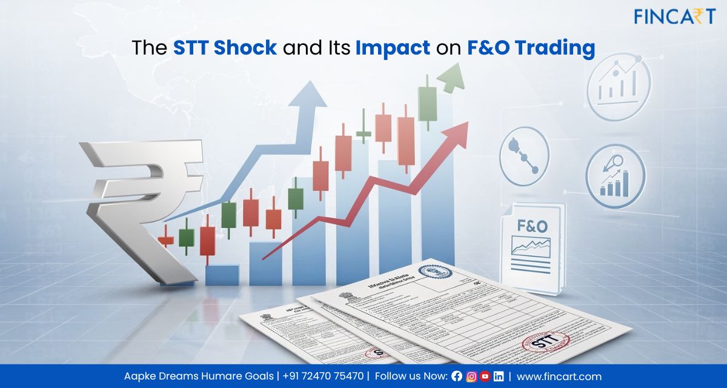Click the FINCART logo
coord(674,16)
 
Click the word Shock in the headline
coord(248,48)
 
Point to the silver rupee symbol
coord(142,200)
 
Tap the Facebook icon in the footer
coord(457,376)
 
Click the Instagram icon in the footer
coord(471,376)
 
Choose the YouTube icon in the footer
coord(485,376)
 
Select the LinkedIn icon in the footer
coord(498,376)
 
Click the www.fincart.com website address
coord(559,376)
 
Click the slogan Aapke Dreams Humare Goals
coord(199,376)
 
